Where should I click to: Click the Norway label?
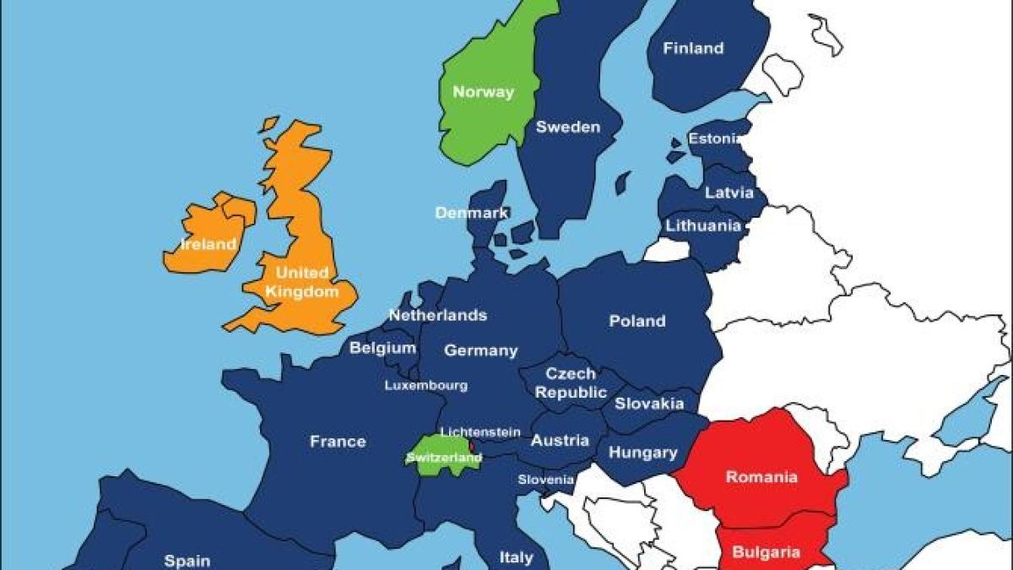[483, 92]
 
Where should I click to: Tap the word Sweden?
[568, 128]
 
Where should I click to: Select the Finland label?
[693, 48]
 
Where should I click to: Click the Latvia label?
[729, 193]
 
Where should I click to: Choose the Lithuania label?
[703, 225]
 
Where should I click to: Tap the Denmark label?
[471, 213]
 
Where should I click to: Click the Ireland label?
[209, 245]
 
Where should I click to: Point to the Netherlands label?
[437, 315]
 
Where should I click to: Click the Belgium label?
[382, 347]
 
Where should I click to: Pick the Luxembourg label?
[425, 385]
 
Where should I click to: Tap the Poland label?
[637, 321]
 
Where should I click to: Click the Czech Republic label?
[571, 383]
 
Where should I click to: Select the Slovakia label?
[648, 404]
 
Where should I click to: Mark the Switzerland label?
[443, 458]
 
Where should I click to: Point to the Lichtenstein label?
[479, 432]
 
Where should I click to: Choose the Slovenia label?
[545, 480]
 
